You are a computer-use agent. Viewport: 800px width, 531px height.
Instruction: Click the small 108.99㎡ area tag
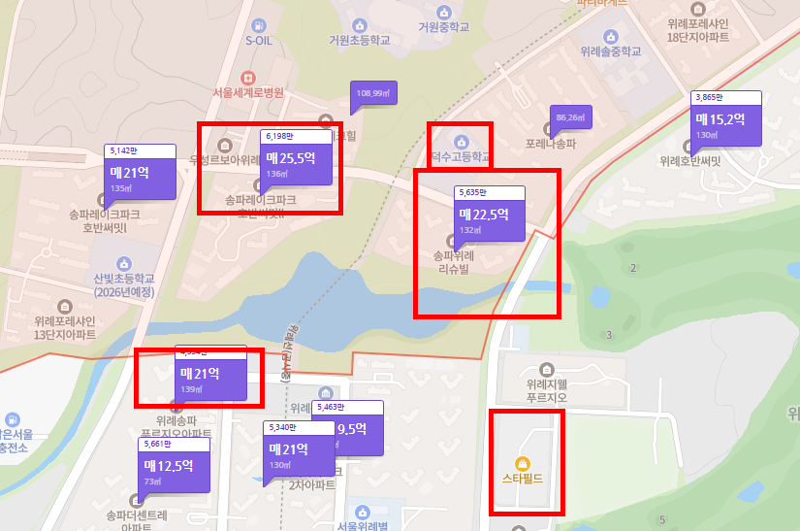tap(373, 94)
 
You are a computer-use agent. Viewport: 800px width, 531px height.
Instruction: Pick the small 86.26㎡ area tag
tap(570, 117)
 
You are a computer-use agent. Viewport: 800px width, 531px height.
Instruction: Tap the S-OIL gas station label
tap(260, 41)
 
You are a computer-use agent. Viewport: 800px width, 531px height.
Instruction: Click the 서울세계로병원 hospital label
tap(248, 92)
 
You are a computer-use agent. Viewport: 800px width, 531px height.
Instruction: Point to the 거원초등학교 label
tap(360, 41)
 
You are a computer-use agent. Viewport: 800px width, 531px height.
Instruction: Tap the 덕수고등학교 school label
tap(461, 155)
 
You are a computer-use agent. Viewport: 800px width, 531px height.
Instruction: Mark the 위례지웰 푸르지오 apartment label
tap(545, 389)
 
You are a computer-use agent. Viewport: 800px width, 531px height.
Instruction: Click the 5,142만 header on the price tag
tap(140, 150)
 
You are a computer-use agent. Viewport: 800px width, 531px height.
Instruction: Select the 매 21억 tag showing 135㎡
tap(140, 177)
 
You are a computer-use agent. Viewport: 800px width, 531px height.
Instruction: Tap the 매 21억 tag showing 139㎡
tap(210, 377)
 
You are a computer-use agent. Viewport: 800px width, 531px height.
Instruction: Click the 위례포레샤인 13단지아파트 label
tap(65, 326)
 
